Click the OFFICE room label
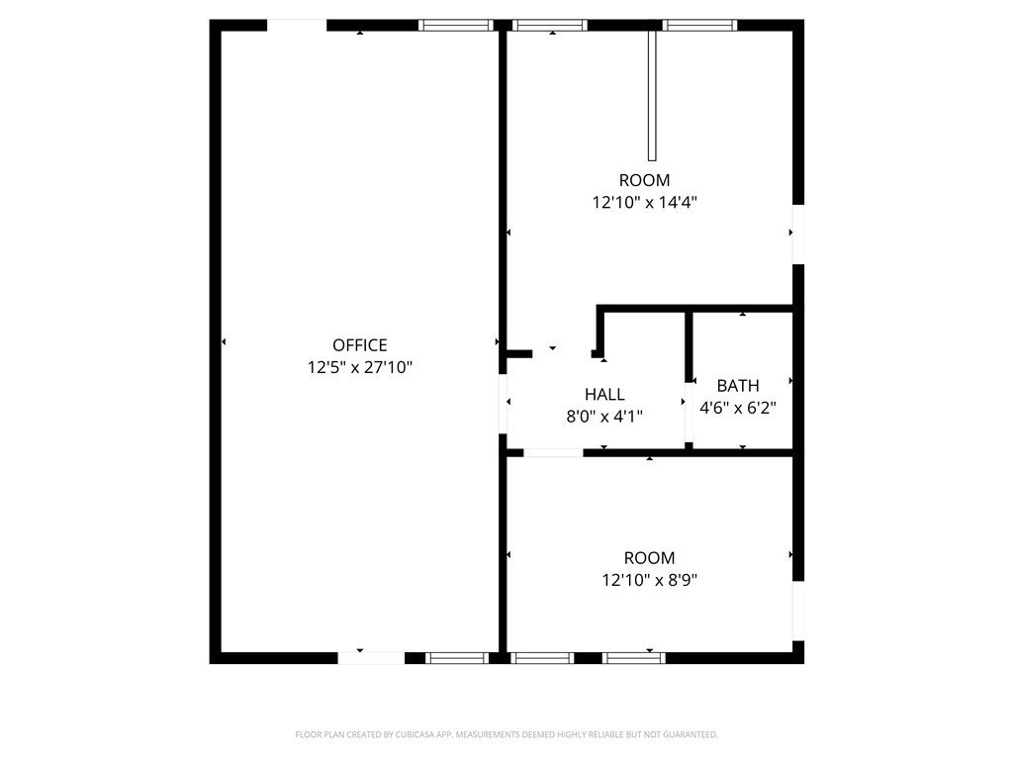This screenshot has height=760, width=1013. coord(359,345)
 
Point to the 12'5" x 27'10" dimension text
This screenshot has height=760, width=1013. coord(359,367)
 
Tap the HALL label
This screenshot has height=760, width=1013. coord(603,395)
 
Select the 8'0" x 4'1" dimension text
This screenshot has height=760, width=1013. coord(603,417)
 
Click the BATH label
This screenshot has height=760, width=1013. coord(738,386)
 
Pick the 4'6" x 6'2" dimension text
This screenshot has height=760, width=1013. coord(738,407)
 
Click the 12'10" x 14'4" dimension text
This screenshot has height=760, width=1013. coord(644,202)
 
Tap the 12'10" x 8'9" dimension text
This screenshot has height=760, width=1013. coord(648,580)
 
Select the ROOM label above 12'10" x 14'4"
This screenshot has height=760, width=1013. coord(644,180)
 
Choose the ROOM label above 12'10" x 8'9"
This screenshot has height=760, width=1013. coord(648,558)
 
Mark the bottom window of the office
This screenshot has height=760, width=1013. coord(457,657)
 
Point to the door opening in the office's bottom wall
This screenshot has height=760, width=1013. coord(371,657)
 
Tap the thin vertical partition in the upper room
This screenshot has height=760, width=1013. coord(652,95)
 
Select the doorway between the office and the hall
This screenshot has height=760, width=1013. coord(503,403)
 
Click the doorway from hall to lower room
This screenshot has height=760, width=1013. coord(553,453)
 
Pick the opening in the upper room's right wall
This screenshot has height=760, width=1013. coord(798,235)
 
